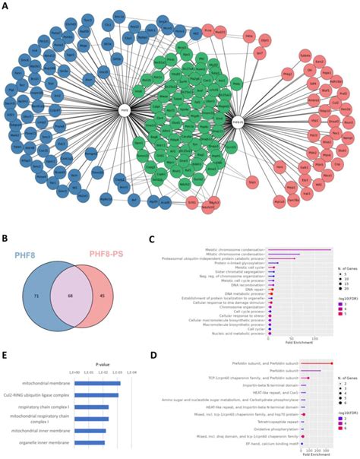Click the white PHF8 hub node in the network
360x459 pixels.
pos(124,109)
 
